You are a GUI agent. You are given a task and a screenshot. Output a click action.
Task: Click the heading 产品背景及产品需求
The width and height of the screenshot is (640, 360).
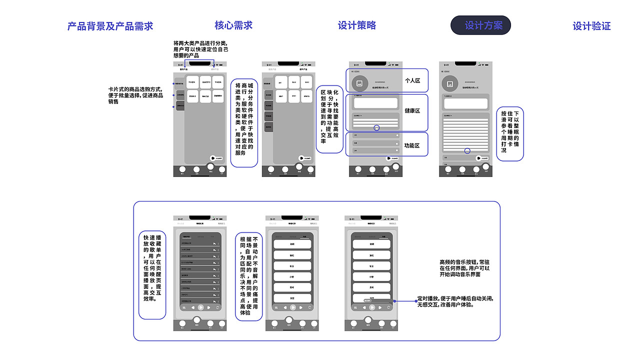(110, 26)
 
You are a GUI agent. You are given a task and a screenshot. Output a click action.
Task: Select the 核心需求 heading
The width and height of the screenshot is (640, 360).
(233, 25)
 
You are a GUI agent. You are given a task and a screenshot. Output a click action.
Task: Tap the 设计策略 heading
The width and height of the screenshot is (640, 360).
(356, 25)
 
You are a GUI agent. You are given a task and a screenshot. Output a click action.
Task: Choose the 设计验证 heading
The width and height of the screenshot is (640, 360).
(591, 26)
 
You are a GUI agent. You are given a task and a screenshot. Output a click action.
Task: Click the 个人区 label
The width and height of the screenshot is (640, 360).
(412, 80)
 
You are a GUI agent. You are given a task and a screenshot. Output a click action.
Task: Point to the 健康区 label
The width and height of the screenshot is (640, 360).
(412, 110)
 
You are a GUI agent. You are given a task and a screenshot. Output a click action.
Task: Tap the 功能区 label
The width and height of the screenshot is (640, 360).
(412, 145)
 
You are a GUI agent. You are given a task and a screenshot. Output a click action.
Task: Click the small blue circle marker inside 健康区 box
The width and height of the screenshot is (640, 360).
(376, 128)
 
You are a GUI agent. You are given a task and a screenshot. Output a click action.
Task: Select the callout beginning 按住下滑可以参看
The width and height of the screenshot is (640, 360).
(510, 133)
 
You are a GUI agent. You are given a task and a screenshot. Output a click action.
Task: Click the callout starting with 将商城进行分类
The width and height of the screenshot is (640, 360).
(244, 122)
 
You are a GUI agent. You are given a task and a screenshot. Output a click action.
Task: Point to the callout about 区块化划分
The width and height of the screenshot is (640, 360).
(329, 119)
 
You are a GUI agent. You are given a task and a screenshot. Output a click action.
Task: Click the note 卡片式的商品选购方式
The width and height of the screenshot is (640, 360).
(135, 95)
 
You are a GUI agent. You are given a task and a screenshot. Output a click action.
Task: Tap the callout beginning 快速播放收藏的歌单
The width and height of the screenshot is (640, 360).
(152, 268)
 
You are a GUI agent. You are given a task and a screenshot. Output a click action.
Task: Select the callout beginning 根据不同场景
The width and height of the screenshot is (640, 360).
(248, 275)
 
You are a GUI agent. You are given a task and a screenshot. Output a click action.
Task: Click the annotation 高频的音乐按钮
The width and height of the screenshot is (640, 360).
(464, 268)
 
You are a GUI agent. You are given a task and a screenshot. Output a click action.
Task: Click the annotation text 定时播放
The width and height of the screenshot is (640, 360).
(455, 301)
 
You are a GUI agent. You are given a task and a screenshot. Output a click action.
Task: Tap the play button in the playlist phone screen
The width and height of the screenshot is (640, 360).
(200, 308)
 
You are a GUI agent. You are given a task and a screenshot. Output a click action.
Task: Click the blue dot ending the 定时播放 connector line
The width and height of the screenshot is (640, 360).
(394, 301)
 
